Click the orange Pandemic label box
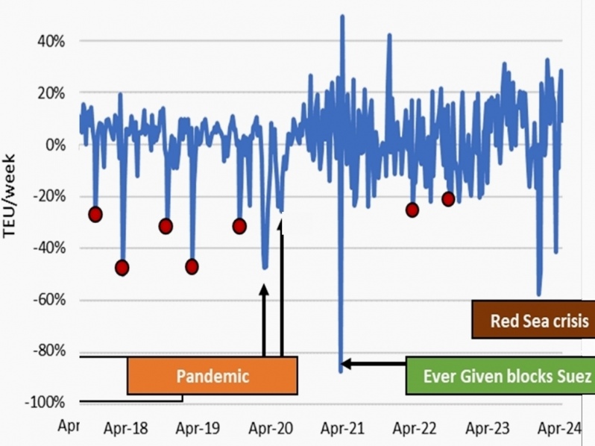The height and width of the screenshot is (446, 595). tap(212, 374)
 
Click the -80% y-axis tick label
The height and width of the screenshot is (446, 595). tap(48, 351)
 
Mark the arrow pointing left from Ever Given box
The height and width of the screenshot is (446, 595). tap(373, 364)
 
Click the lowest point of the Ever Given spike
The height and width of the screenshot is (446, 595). tap(341, 369)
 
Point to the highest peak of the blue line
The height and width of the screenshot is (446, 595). tap(342, 16)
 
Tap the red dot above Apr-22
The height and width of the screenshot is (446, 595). tap(412, 210)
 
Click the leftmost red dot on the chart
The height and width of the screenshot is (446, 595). tap(95, 214)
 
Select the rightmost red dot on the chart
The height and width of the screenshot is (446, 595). tap(448, 198)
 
